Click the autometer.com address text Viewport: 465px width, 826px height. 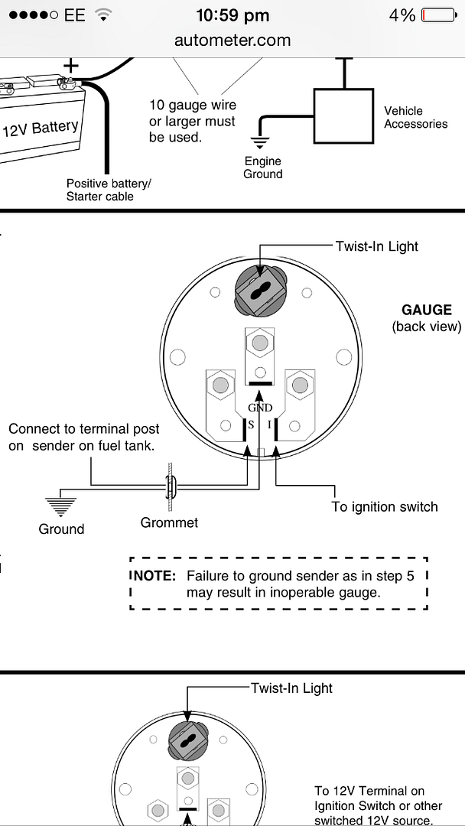tap(232, 41)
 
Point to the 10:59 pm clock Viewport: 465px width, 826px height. tap(232, 15)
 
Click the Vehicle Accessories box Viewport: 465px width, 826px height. tap(343, 115)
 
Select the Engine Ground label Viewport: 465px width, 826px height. tap(263, 167)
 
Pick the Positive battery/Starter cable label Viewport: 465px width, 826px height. tap(109, 190)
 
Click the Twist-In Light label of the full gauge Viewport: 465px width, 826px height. tap(377, 246)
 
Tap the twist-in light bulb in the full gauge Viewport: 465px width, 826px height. tap(261, 292)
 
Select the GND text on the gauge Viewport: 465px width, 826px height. tap(260, 408)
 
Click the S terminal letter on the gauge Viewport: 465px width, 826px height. tap(249, 424)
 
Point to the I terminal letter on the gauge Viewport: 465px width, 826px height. tap(269, 424)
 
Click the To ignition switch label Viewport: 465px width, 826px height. tap(385, 506)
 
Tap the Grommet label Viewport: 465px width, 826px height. tap(169, 523)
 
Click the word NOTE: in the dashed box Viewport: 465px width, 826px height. tap(153, 576)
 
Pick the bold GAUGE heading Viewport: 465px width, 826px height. tap(427, 310)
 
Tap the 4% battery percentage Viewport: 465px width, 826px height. tap(402, 15)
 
